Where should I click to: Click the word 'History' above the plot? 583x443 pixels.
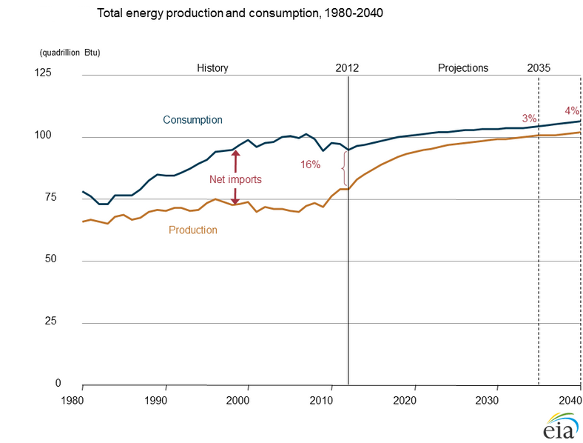coord(212,68)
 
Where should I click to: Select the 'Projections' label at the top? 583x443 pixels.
coord(463,68)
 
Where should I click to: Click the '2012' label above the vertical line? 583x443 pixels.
coord(347,68)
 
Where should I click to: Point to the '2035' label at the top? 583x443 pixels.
coord(539,68)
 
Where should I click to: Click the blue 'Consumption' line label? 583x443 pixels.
coord(192,120)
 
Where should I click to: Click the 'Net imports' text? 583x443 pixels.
coord(235,179)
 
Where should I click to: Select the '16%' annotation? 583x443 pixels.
coord(310,164)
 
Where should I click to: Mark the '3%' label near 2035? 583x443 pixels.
coord(529,119)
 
